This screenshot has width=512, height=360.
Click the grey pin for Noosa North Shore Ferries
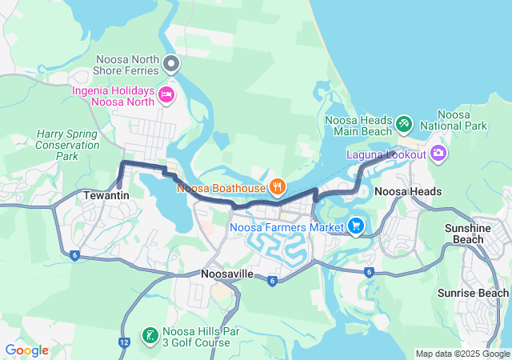(x=170, y=63)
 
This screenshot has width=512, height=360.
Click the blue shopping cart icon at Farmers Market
(x=356, y=227)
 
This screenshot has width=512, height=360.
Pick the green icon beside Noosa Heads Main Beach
(x=405, y=125)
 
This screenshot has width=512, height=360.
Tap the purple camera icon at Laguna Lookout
(x=438, y=153)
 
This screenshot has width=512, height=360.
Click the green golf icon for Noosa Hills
(x=150, y=335)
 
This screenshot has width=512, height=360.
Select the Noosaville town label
(x=226, y=274)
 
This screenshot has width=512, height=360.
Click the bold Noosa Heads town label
(x=408, y=192)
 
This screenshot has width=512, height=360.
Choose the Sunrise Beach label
(x=473, y=294)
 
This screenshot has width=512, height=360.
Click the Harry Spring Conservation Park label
(x=67, y=145)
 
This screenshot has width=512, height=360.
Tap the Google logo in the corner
(x=26, y=350)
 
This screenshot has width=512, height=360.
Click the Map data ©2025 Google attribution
(x=462, y=354)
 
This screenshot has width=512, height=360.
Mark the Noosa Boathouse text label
(x=221, y=188)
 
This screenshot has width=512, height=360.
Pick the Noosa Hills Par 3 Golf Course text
(x=197, y=337)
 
